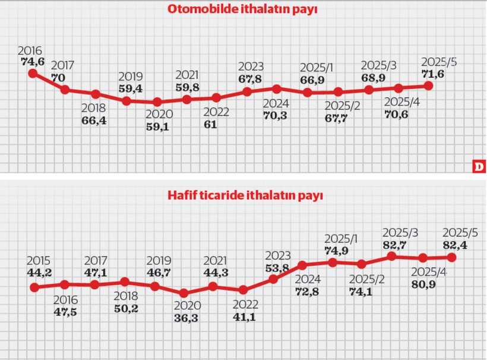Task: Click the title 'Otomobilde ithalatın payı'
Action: (x=242, y=10)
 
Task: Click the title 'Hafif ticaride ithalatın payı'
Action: (x=243, y=194)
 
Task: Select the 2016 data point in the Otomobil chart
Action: (x=33, y=73)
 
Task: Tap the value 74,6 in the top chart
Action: (x=33, y=60)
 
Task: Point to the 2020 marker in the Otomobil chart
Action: (x=157, y=102)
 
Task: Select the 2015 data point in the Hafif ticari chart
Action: (x=34, y=288)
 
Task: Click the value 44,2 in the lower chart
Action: (x=39, y=272)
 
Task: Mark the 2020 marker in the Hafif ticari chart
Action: (x=184, y=293)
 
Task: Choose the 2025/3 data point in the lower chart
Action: (x=392, y=256)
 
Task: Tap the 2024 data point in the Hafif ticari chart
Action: (x=302, y=265)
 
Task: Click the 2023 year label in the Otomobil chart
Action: (x=250, y=66)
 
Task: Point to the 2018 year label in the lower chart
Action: (x=125, y=296)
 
